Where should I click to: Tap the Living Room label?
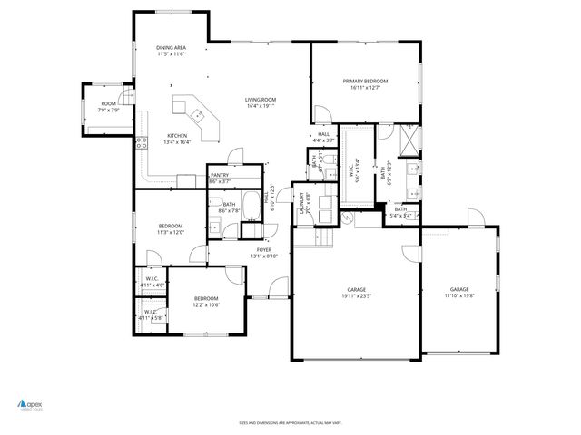tap(261, 102)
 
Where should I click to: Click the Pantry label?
tap(221, 179)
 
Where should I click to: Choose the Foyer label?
tap(263, 252)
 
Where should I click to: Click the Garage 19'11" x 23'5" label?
tap(356, 292)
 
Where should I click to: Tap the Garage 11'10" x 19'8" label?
tap(460, 292)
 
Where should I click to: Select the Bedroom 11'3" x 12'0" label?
tap(172, 228)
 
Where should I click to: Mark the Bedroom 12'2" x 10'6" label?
tap(206, 302)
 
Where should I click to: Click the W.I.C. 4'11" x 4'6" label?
tap(152, 282)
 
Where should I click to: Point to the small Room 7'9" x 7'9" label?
tap(109, 107)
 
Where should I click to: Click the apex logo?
tap(31, 405)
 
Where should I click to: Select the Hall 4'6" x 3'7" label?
tap(323, 137)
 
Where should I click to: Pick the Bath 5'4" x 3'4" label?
tap(400, 212)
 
